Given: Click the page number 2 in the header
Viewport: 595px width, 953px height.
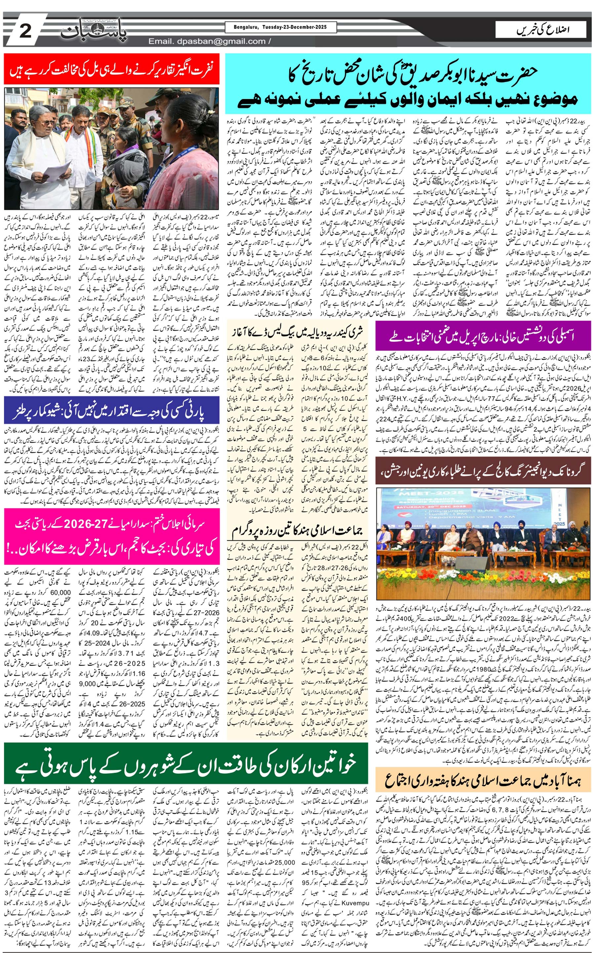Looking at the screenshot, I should pos(25,31).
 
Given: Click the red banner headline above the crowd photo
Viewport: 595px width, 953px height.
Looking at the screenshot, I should pos(112,69).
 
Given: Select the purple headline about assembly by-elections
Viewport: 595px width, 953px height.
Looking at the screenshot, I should pos(483,337).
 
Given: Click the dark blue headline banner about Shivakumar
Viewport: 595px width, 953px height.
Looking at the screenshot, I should pos(112,410).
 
